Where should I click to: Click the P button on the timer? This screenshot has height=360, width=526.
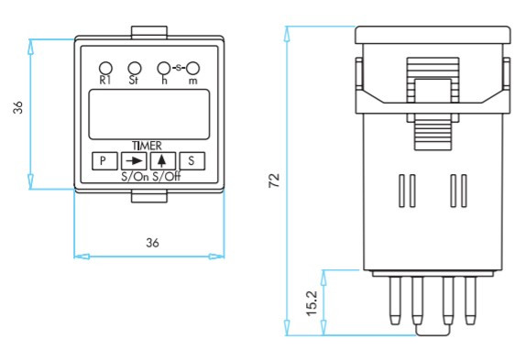tap(104, 161)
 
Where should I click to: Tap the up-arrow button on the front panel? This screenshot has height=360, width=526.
tap(163, 161)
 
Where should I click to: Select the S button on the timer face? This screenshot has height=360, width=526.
tap(192, 161)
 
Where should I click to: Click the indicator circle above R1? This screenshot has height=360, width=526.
tap(105, 68)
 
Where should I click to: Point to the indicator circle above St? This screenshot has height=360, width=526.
tap(135, 68)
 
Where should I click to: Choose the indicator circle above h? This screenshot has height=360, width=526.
tap(164, 68)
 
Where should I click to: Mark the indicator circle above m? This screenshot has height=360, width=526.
tap(192, 68)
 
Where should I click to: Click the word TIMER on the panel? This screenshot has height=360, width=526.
tap(147, 146)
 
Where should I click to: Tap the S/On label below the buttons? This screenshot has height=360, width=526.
tap(135, 177)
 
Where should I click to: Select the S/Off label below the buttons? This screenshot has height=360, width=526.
tap(167, 177)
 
